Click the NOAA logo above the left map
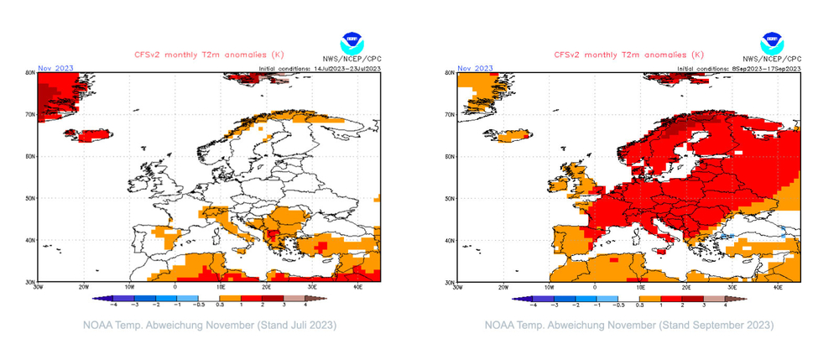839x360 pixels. pyautogui.click(x=352, y=43)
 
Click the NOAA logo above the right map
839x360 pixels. pyautogui.click(x=771, y=43)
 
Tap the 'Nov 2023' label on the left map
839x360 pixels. pyautogui.click(x=52, y=68)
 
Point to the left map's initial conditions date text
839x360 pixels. pyautogui.click(x=320, y=68)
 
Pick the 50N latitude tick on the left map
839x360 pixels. pyautogui.click(x=29, y=199)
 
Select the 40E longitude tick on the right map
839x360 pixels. pyautogui.click(x=778, y=288)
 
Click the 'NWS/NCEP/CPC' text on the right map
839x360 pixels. pyautogui.click(x=771, y=60)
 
